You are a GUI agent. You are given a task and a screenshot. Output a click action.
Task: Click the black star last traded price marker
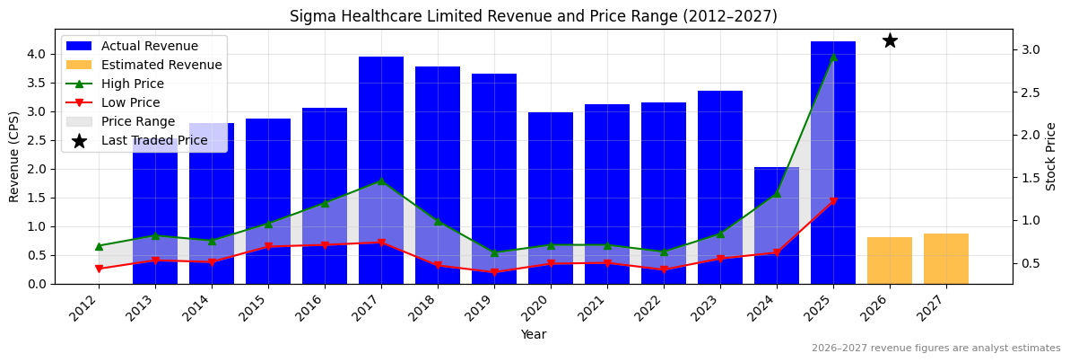coord(890,40)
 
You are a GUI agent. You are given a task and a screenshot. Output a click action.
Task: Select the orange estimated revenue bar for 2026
coord(890,260)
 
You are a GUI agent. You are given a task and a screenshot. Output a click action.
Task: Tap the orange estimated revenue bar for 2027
coord(946,259)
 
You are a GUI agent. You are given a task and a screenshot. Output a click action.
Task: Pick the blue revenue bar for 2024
coord(777,225)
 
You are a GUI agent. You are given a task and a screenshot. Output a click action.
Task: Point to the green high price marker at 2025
coord(833,57)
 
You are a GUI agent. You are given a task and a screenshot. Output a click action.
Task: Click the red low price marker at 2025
coord(833,201)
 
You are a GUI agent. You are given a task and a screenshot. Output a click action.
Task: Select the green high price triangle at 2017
coord(381,181)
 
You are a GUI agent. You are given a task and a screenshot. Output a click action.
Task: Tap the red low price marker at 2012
coord(99,269)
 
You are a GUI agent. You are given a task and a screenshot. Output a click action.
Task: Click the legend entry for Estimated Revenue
coord(161,65)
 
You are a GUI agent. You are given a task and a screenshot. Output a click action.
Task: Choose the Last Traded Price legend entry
coord(153,140)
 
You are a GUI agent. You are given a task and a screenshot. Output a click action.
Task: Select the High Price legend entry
coord(132,84)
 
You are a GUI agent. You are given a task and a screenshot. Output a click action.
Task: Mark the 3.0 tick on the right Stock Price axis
coord(1031,49)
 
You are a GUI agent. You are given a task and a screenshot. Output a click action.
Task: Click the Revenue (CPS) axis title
coord(14,156)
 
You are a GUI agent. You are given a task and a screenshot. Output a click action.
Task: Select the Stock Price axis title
coord(1051,156)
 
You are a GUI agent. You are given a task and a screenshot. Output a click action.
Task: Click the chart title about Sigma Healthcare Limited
coord(534,16)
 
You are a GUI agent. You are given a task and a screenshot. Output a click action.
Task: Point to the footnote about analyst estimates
coord(935,349)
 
